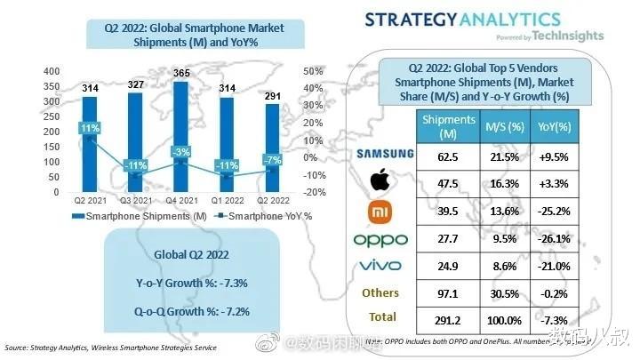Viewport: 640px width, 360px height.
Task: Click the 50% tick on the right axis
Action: [x=312, y=71]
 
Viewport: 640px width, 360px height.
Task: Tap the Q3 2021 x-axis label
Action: [x=134, y=200]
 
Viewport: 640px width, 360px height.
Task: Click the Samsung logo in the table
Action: [x=385, y=153]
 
